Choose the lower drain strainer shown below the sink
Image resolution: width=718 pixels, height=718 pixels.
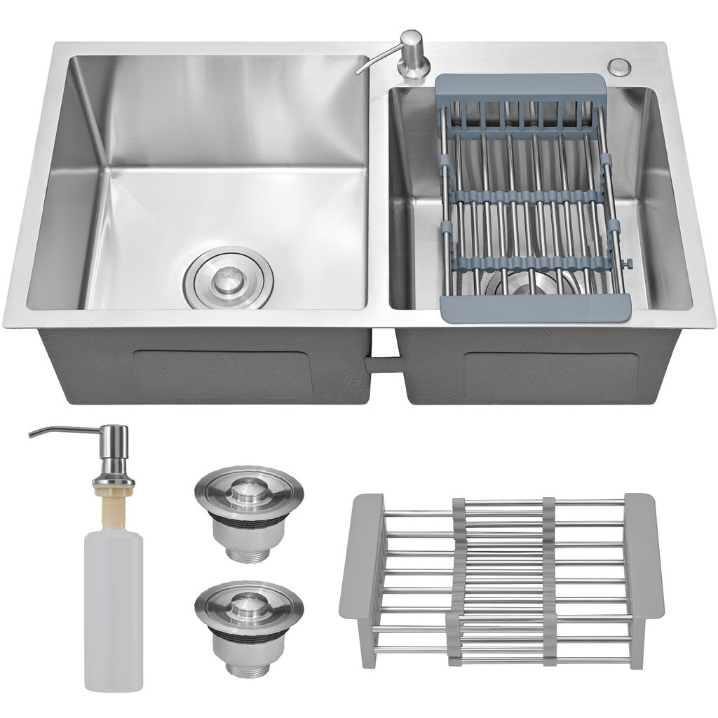coord(249,621)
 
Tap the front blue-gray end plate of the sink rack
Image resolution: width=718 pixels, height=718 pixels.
coord(536,307)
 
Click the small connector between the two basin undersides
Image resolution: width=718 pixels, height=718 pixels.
coord(382,364)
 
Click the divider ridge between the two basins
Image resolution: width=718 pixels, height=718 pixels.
coord(379,196)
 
